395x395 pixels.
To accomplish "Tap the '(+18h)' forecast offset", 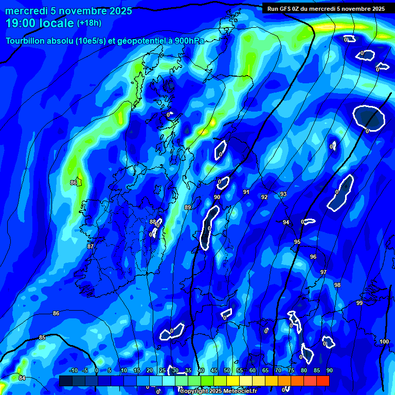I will coord(89,23).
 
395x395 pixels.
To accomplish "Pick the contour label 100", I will coord(384,342).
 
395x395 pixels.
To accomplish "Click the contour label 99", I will coord(360,303).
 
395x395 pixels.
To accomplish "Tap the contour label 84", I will coord(22,378).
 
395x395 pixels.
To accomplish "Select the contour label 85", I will coord(42,337).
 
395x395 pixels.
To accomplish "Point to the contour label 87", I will coord(91,247).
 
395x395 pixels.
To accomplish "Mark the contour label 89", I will coord(188,207).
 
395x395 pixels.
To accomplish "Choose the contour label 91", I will coord(246,192).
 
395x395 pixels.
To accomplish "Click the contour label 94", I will coord(286,222).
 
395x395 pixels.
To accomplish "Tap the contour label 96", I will coord(313,257).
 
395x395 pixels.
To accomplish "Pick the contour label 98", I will coord(337,285).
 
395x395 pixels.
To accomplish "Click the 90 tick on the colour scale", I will coord(329,370).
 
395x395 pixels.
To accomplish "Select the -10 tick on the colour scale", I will coord(73,370).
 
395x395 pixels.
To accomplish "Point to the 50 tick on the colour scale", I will coord(227,370).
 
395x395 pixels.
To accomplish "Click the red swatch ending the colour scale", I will coord(322,381).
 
